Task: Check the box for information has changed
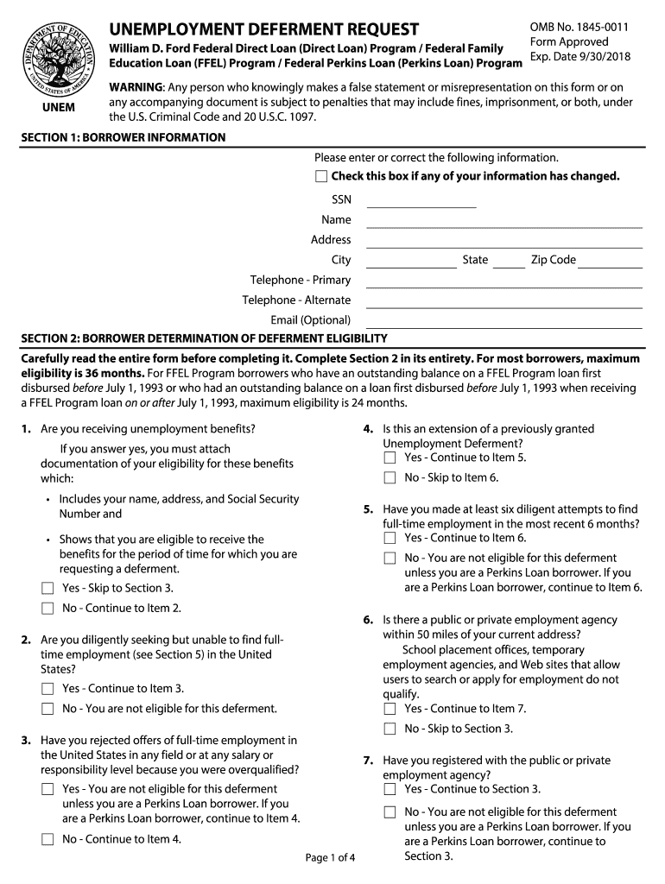tap(321, 177)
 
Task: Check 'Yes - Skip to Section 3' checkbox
tap(47, 589)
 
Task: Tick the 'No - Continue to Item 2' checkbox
tap(47, 609)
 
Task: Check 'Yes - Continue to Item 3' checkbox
tap(47, 689)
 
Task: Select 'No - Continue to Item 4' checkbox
tap(47, 839)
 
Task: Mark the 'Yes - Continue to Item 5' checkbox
tap(389, 458)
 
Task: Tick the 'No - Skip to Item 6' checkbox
tap(389, 478)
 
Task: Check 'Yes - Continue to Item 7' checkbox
tap(389, 710)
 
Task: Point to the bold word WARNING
tap(136, 88)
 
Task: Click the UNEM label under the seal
tap(58, 108)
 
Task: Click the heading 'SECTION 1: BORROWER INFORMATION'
tap(123, 138)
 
